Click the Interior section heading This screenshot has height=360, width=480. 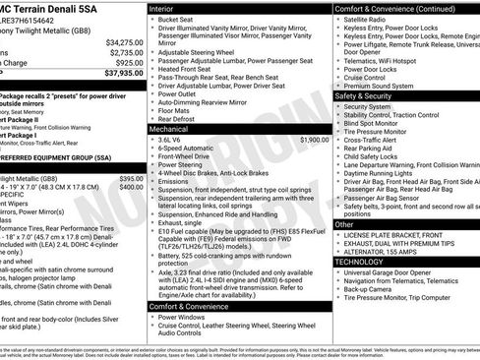pyautogui.click(x=161, y=8)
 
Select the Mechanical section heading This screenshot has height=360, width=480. pyautogui.click(x=169, y=129)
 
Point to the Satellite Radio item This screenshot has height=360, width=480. pyautogui.click(x=372, y=20)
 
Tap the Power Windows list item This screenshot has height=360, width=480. pyautogui.click(x=185, y=318)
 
